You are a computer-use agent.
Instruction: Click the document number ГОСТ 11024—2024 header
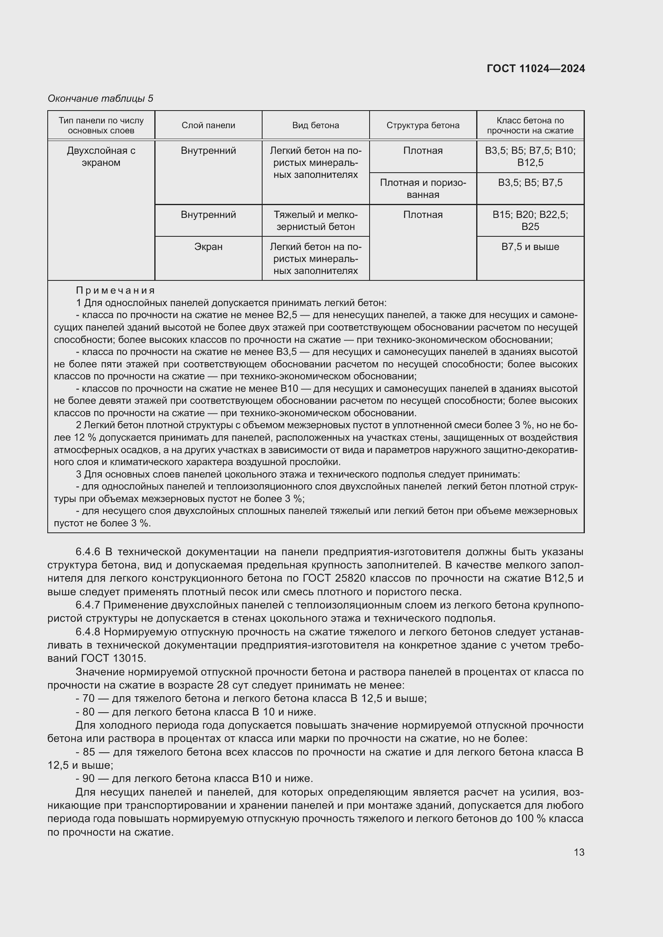[x=536, y=69]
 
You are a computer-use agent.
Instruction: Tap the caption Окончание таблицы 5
[x=101, y=99]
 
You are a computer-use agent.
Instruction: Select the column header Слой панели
[x=208, y=125]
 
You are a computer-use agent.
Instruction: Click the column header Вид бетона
[x=315, y=125]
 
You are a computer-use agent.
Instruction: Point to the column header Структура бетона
[x=423, y=125]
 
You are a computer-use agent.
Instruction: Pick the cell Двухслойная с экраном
[x=101, y=157]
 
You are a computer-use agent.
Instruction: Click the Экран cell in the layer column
[x=208, y=247]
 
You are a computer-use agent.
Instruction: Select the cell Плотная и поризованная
[x=423, y=189]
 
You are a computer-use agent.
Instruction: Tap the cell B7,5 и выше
[x=530, y=247]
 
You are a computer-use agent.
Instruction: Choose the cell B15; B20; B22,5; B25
[x=530, y=220]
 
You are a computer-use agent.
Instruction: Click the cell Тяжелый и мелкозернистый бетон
[x=315, y=220]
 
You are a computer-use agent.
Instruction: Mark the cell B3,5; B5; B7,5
[x=530, y=182]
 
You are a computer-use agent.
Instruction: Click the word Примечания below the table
[x=115, y=290]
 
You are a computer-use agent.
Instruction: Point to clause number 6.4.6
[x=88, y=552]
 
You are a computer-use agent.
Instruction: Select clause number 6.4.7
[x=88, y=605]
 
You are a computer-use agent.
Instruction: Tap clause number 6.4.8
[x=88, y=632]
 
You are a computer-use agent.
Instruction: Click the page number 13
[x=579, y=852]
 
